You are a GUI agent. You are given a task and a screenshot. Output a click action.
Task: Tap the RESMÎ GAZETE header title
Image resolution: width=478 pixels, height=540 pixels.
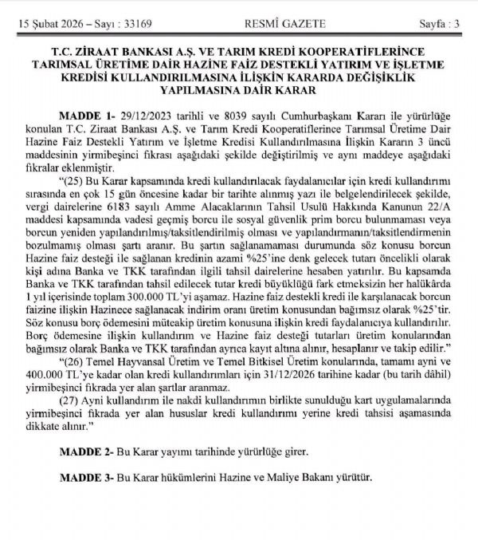point(238,22)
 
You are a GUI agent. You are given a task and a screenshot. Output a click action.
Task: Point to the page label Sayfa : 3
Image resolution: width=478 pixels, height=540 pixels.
point(439,22)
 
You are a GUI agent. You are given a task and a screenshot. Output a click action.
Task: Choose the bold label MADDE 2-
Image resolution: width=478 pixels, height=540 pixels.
point(81,451)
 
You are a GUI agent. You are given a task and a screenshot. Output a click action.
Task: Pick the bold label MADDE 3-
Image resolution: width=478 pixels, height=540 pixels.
point(81,478)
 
